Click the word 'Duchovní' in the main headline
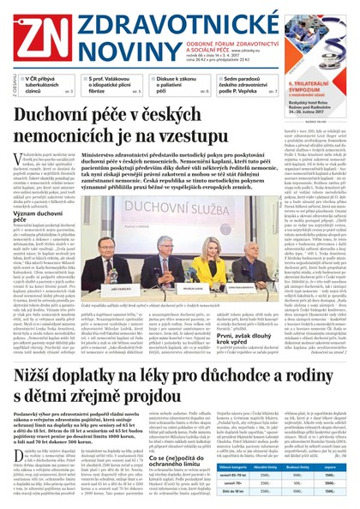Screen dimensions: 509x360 click(75, 117)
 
